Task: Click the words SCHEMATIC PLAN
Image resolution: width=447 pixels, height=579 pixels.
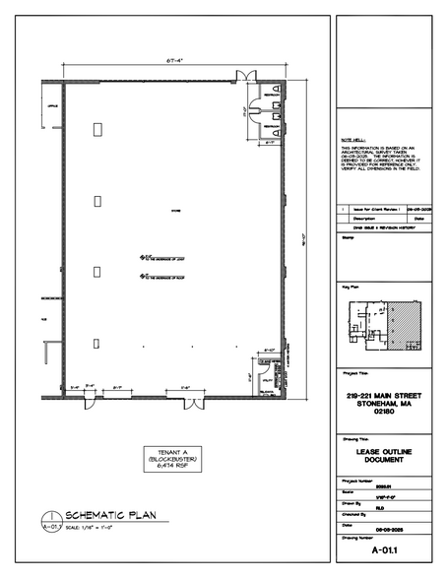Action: [105, 515]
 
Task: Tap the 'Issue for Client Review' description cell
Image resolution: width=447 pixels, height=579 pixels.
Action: [372, 210]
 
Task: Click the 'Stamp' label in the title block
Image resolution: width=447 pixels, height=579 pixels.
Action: [347, 237]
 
